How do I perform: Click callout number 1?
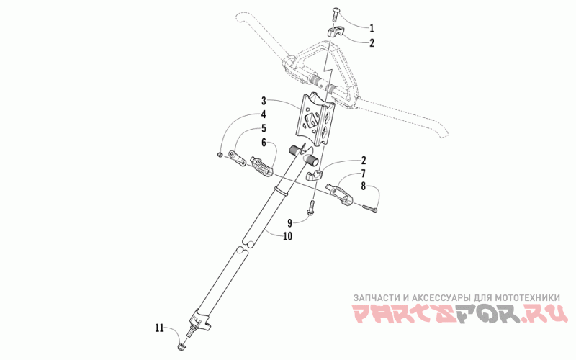(372, 28)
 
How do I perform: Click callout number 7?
(363, 174)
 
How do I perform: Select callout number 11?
(159, 328)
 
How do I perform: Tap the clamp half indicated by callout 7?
(343, 192)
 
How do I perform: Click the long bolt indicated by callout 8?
(369, 209)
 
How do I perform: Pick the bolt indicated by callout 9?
(311, 210)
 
